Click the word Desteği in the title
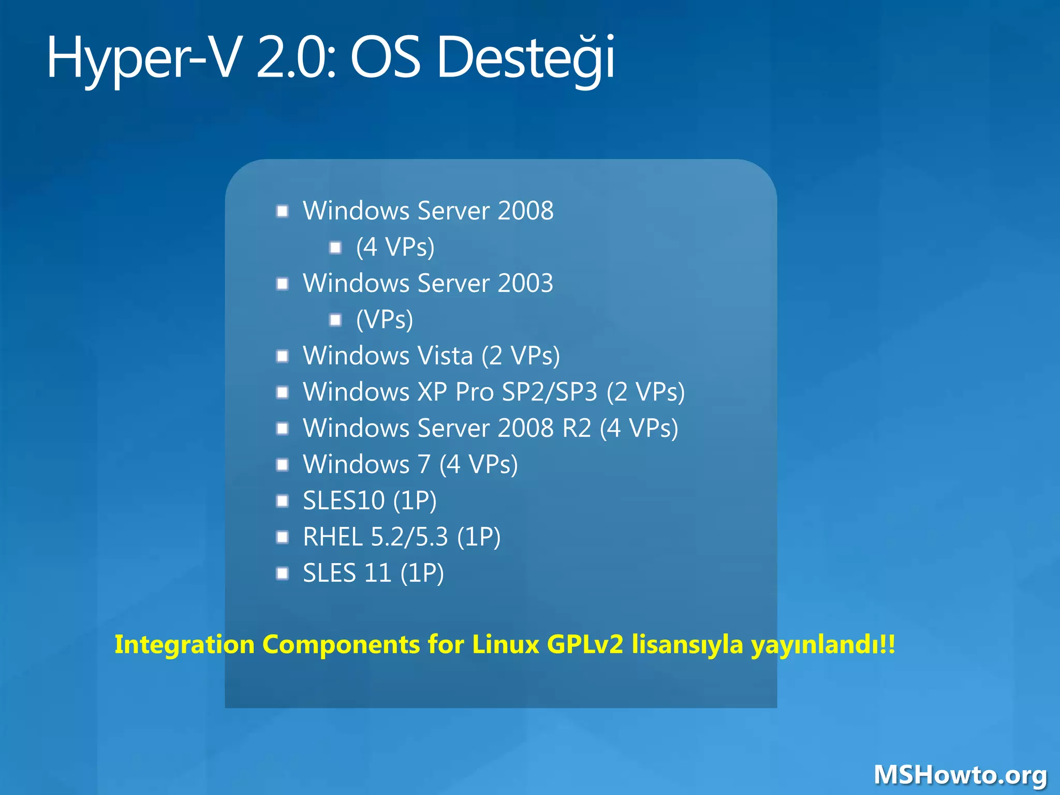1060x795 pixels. click(526, 58)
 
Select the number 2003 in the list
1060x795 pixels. click(525, 283)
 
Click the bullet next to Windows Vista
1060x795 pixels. click(282, 356)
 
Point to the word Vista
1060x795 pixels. click(445, 356)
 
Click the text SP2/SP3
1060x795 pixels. click(550, 392)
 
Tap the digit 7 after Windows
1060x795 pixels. click(424, 464)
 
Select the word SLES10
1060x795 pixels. click(344, 500)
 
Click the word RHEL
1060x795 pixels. click(332, 537)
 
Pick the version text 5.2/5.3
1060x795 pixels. click(409, 537)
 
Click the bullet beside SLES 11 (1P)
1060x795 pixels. click(282, 573)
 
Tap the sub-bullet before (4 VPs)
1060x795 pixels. click(335, 247)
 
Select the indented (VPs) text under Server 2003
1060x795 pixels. click(385, 319)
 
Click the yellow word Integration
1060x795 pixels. click(184, 645)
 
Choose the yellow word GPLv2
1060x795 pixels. click(585, 645)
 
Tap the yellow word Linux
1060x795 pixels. click(505, 645)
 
